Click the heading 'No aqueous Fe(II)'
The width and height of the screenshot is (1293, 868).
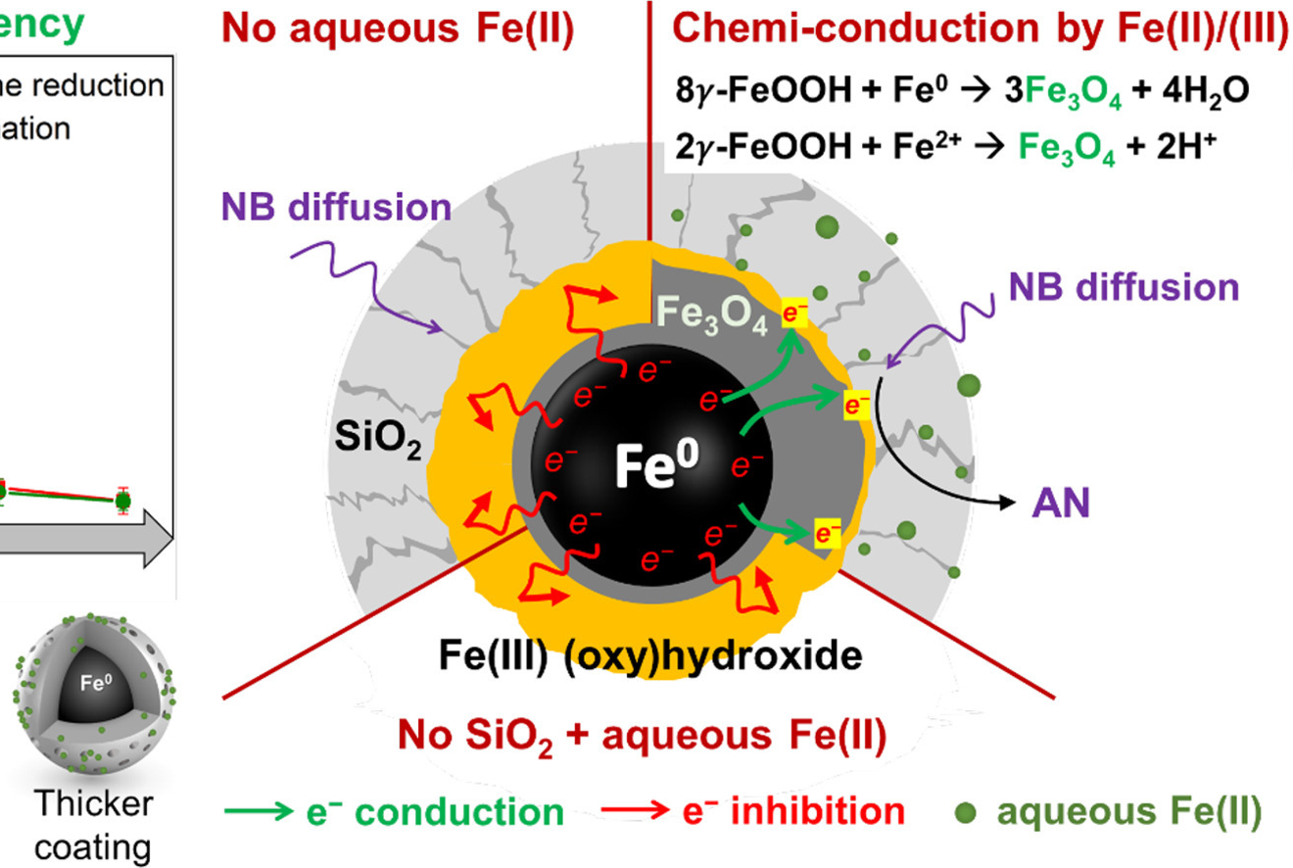pyautogui.click(x=398, y=29)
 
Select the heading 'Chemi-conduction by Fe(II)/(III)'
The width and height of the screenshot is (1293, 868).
pyautogui.click(x=981, y=29)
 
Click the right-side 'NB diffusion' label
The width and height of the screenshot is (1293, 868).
pyautogui.click(x=1125, y=287)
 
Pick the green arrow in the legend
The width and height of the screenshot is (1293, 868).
pyautogui.click(x=259, y=812)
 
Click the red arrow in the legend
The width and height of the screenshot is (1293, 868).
pyautogui.click(x=635, y=812)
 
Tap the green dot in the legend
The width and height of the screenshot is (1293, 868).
pyautogui.click(x=966, y=812)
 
